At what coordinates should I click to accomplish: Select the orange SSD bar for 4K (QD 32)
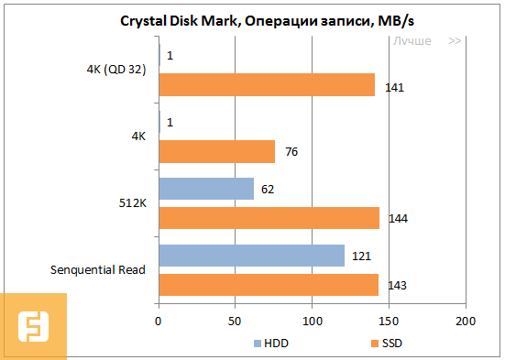point(267,84)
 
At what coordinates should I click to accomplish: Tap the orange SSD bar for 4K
point(217,151)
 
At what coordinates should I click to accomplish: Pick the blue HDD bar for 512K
point(206,189)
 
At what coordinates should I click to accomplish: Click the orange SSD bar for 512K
point(269,218)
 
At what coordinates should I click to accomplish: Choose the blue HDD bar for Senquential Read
point(251,256)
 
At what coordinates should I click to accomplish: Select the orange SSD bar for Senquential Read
point(269,285)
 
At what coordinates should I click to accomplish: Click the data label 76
point(291,152)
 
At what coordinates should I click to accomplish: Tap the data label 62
point(269,190)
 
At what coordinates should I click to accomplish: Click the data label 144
point(398,219)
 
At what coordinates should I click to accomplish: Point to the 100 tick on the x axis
point(313,322)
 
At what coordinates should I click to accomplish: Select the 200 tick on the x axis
point(466,322)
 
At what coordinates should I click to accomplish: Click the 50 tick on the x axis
point(236,322)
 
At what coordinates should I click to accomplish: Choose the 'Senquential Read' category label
point(97,270)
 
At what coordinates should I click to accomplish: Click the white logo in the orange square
point(33,326)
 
